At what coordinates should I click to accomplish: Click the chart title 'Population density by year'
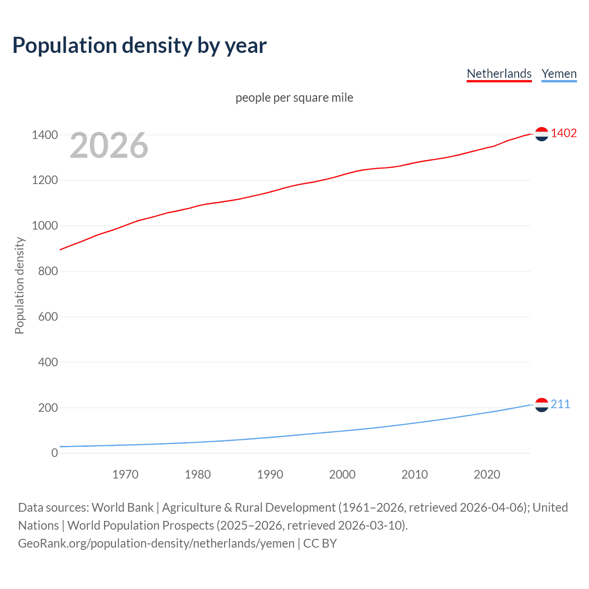tap(139, 46)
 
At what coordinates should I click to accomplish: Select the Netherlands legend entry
tap(499, 74)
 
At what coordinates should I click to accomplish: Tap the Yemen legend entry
tap(559, 74)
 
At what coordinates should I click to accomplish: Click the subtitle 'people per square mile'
tap(294, 98)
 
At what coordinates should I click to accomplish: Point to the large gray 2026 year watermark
tap(109, 145)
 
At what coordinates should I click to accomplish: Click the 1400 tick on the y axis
tap(45, 135)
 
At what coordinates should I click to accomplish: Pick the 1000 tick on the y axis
tap(45, 225)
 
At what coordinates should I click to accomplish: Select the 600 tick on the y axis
tap(48, 317)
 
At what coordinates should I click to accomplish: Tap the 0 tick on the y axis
tap(55, 453)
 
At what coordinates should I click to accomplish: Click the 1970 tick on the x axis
tap(125, 474)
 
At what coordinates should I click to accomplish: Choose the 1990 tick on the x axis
tap(270, 474)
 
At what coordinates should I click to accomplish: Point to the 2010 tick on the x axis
tap(415, 474)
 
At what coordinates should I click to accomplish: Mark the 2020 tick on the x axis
tap(487, 474)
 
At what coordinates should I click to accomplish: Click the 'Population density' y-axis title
tap(19, 285)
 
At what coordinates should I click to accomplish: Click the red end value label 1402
tap(564, 133)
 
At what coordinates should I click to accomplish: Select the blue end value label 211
tap(560, 404)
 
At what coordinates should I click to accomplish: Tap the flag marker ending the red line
tap(542, 134)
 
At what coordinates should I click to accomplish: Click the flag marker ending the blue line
tap(542, 405)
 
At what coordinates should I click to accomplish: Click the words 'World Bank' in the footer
tap(122, 507)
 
